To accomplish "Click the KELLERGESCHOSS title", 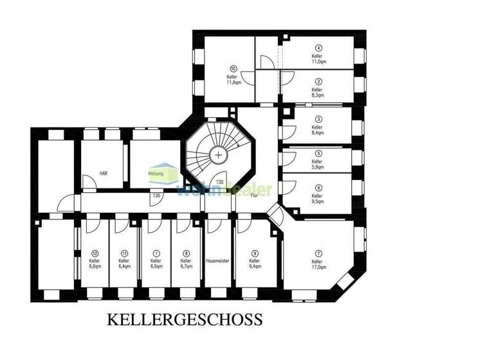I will point(184,319).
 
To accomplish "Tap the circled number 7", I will point(317,253).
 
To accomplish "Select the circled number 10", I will point(233,68).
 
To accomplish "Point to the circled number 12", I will point(94,253).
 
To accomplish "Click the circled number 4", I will point(318,48).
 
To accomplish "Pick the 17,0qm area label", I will point(317,267).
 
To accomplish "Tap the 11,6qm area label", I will point(233,82).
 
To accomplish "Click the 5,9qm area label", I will point(317,167).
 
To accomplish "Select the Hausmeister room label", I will point(217,261).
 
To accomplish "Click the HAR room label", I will point(103,174).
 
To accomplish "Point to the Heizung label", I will point(156,174).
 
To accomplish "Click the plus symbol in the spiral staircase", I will point(219,155).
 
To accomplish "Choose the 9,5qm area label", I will point(317,201).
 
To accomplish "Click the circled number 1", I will point(156,253).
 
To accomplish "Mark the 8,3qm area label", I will point(318,94).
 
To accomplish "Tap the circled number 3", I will point(318,119).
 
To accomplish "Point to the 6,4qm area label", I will point(124,267).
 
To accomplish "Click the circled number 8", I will point(186,253).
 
